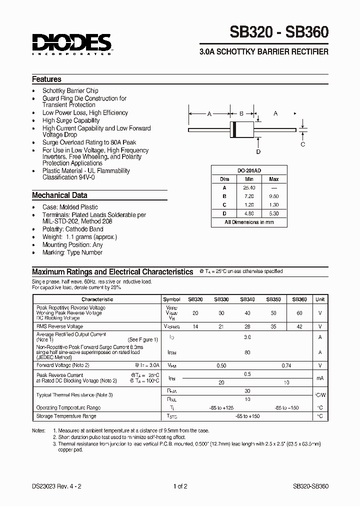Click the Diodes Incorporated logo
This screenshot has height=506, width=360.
point(72,44)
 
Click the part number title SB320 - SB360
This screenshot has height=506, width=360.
point(279,33)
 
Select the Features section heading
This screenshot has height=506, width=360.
point(46,79)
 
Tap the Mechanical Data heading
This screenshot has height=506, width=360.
point(59,195)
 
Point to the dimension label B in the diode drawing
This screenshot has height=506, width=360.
point(241,114)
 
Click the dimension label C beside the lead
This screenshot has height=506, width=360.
point(302,144)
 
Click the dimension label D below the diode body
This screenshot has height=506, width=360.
point(258,151)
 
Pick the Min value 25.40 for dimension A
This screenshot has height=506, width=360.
point(248,187)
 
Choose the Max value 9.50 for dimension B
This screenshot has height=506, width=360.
point(273,196)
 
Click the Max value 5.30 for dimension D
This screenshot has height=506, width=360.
point(273,213)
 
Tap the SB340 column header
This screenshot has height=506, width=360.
point(247,299)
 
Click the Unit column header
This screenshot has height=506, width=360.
point(320,299)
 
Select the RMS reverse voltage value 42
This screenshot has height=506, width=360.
point(299,326)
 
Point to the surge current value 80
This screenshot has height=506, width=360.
point(247,352)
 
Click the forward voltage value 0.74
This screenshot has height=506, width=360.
point(286,365)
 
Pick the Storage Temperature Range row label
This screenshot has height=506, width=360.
point(66,416)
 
